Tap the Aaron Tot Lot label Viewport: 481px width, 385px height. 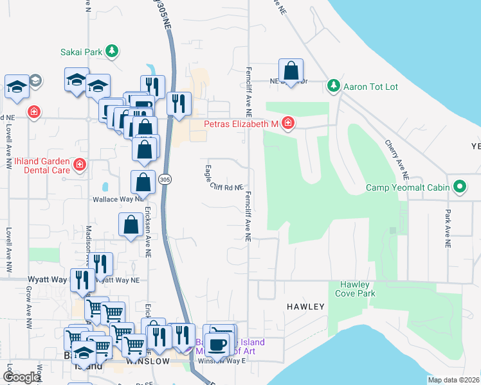coord(365,85)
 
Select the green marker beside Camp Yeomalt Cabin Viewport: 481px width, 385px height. coord(459,187)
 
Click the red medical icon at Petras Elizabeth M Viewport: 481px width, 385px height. coord(288,123)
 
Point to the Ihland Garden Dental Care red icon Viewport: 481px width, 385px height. coord(79,165)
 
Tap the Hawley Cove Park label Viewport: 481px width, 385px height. coord(354,289)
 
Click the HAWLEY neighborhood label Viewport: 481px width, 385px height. coord(305,307)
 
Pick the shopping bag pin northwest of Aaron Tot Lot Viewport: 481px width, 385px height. coord(291,71)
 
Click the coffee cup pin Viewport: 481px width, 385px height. coord(217,343)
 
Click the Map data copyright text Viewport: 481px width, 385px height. coord(453,380)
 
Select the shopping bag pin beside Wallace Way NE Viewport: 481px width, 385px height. coord(143,183)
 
